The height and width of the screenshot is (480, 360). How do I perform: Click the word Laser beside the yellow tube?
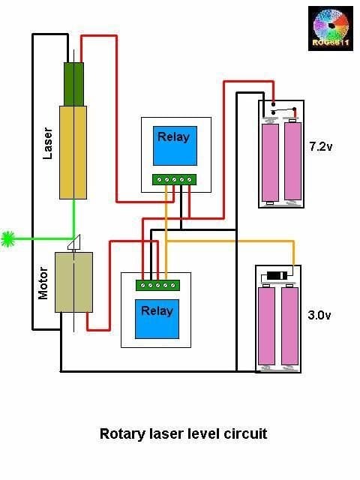pyautogui.click(x=47, y=143)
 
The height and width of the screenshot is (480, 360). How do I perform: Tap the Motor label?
pyautogui.click(x=43, y=283)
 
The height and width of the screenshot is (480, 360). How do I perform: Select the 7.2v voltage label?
pyautogui.click(x=321, y=147)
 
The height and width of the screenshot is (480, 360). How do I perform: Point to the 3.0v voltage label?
pyautogui.click(x=319, y=315)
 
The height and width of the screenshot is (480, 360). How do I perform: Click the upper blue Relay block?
pyautogui.click(x=175, y=145)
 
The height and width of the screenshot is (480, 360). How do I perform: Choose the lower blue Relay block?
pyautogui.click(x=157, y=319)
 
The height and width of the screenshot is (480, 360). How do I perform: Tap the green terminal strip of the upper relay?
pyautogui.click(x=175, y=179)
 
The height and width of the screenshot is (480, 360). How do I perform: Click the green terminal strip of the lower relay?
pyautogui.click(x=157, y=285)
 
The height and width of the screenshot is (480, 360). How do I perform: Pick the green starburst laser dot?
pyautogui.click(x=8, y=238)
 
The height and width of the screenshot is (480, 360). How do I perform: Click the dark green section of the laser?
pyautogui.click(x=73, y=84)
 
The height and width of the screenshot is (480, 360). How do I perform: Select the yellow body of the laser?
pyautogui.click(x=73, y=152)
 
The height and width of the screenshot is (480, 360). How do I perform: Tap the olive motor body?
pyautogui.click(x=73, y=282)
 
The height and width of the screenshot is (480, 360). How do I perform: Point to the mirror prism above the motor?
pyautogui.click(x=75, y=242)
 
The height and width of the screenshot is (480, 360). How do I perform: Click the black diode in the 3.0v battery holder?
pyautogui.click(x=277, y=275)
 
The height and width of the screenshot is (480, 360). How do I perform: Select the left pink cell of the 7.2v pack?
pyautogui.click(x=271, y=162)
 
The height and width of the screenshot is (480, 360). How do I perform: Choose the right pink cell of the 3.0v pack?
pyautogui.click(x=289, y=326)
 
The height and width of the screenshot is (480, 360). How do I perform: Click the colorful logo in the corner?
pyautogui.click(x=331, y=28)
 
